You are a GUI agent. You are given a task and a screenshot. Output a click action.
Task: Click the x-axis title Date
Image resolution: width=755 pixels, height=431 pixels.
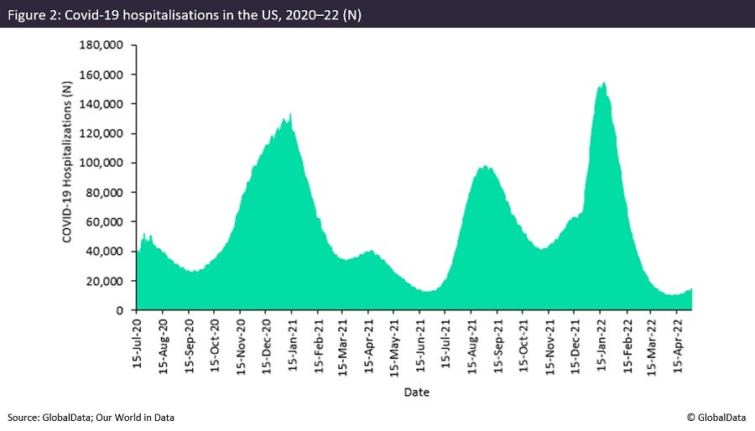[416, 392]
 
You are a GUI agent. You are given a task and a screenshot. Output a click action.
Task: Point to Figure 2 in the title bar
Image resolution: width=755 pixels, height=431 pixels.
[34, 13]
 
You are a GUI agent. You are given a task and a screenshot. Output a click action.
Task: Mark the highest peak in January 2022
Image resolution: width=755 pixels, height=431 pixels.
[604, 82]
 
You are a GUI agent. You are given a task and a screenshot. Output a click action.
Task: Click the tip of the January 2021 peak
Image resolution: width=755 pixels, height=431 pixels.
[290, 114]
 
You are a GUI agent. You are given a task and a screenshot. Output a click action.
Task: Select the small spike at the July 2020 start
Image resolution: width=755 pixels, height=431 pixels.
[144, 234]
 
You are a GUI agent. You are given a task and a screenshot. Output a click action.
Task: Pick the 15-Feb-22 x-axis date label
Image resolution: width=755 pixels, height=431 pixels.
[627, 344]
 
